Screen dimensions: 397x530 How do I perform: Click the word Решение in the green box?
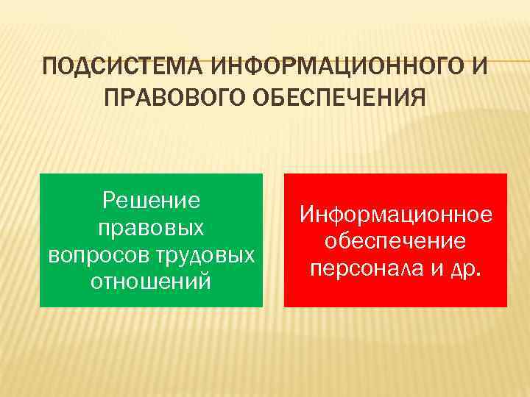pyautogui.click(x=152, y=199)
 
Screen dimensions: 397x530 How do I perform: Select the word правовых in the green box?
pyautogui.click(x=151, y=227)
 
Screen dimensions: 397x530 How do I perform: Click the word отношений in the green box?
pyautogui.click(x=151, y=282)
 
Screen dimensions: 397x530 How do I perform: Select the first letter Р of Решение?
pyautogui.click(x=109, y=199)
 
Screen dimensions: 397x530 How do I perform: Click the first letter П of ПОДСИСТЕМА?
pyautogui.click(x=50, y=68)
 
